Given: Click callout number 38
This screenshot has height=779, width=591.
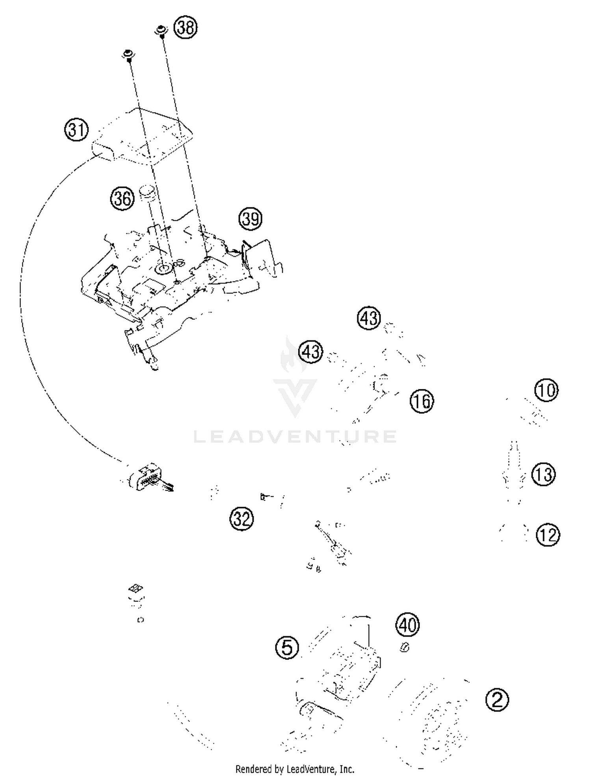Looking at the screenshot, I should pyautogui.click(x=186, y=28).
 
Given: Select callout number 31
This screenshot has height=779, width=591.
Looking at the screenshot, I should pyautogui.click(x=76, y=129).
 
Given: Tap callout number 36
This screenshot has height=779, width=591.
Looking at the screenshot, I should pyautogui.click(x=122, y=198).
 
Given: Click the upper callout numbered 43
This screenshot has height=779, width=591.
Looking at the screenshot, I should pyautogui.click(x=369, y=318).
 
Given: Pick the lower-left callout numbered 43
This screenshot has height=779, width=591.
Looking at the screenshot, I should pyautogui.click(x=310, y=351).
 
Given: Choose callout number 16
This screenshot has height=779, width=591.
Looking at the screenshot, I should pyautogui.click(x=422, y=401).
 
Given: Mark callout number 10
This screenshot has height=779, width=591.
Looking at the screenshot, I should pyautogui.click(x=546, y=390).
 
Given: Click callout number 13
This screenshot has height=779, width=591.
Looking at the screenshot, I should pyautogui.click(x=544, y=474).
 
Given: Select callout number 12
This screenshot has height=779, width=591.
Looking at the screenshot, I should pyautogui.click(x=548, y=535).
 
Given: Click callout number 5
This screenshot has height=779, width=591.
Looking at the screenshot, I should pyautogui.click(x=287, y=647).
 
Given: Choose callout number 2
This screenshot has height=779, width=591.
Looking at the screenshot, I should pyautogui.click(x=497, y=700).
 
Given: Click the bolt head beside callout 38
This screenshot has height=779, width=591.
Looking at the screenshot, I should pyautogui.click(x=161, y=31).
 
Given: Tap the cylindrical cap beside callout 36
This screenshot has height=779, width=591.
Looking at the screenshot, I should pyautogui.click(x=148, y=194).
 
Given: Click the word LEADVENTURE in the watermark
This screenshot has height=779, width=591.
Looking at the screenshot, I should pyautogui.click(x=295, y=436).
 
